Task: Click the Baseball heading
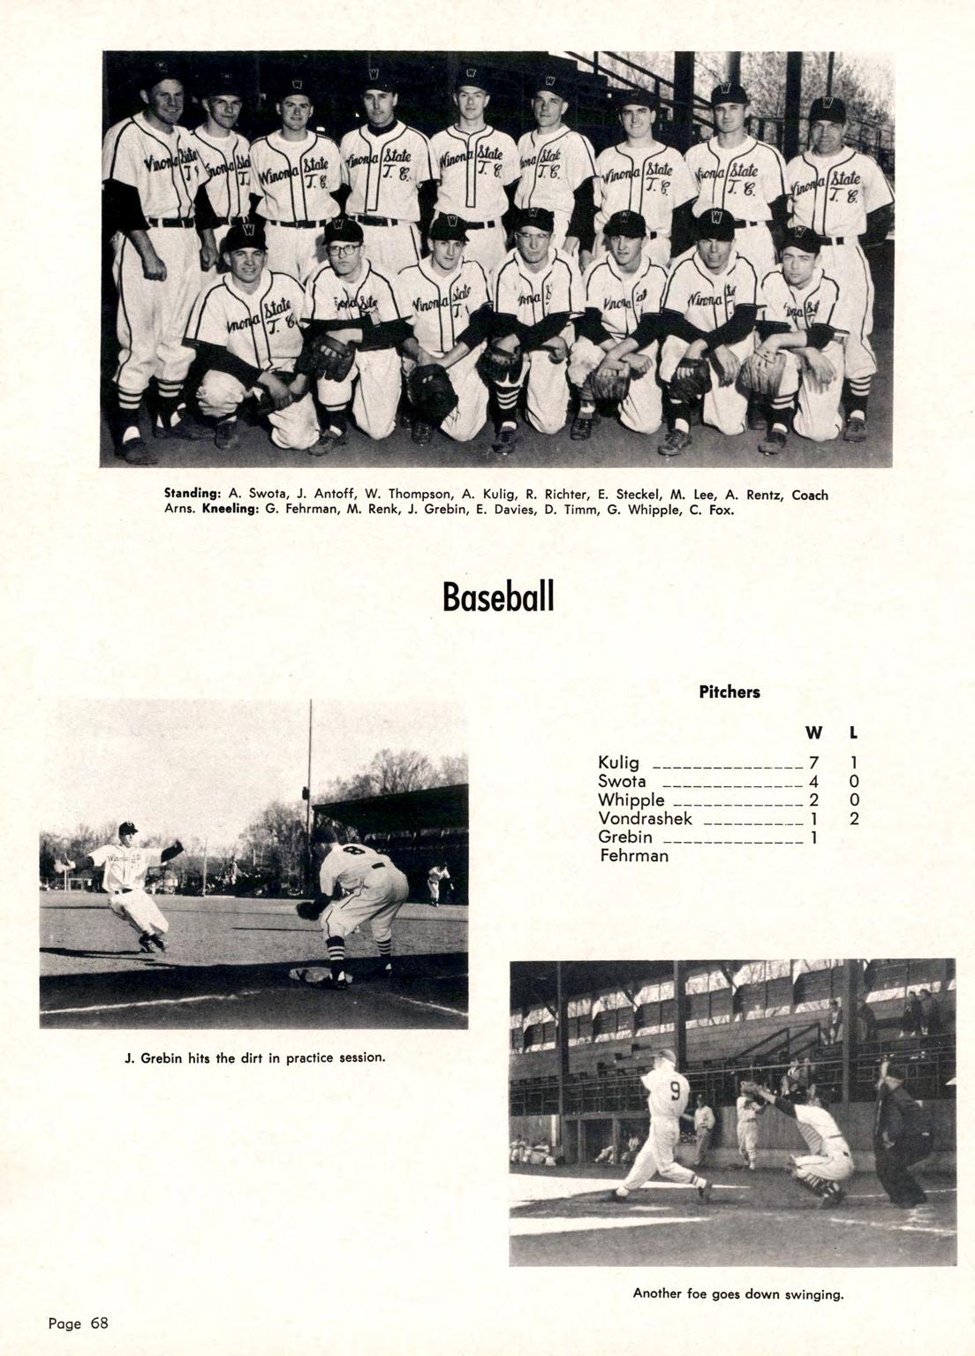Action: pyautogui.click(x=498, y=597)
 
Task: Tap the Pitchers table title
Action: pyautogui.click(x=729, y=693)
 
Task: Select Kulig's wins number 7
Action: pyautogui.click(x=814, y=763)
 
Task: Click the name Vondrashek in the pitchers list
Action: pyautogui.click(x=645, y=819)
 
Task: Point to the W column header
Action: pyautogui.click(x=813, y=733)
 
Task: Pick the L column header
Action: pyautogui.click(x=854, y=733)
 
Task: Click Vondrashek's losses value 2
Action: pyautogui.click(x=854, y=819)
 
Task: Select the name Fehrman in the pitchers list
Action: pyautogui.click(x=634, y=856)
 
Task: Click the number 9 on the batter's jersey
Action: pyautogui.click(x=674, y=1090)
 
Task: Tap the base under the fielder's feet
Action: pyautogui.click(x=310, y=974)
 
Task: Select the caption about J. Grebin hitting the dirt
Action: pyautogui.click(x=254, y=1057)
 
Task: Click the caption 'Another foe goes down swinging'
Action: pyautogui.click(x=738, y=1294)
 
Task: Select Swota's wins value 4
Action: pyautogui.click(x=814, y=782)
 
